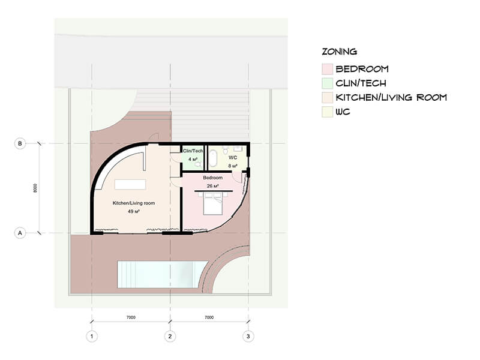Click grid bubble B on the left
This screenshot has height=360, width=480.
(20, 143)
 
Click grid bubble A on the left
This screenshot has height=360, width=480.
(20, 233)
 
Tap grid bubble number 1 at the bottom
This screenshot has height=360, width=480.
(92, 337)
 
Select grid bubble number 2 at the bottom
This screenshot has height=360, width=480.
(170, 337)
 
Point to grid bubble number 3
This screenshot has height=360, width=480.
(248, 337)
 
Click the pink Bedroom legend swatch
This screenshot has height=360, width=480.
(327, 69)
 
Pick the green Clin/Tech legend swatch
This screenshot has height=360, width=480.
(327, 83)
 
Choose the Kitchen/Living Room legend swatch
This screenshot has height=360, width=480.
(327, 97)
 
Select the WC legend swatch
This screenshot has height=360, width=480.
(327, 112)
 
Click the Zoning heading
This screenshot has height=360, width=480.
(340, 52)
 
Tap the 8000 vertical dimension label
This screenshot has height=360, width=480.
(35, 188)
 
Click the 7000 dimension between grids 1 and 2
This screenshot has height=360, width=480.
(131, 317)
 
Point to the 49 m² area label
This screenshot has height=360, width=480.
(134, 211)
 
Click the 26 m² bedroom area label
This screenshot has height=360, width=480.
(212, 186)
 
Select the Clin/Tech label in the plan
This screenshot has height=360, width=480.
(193, 151)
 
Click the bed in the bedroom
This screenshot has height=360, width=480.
(212, 203)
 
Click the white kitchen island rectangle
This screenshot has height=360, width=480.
(130, 185)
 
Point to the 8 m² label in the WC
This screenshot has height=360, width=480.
(233, 166)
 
